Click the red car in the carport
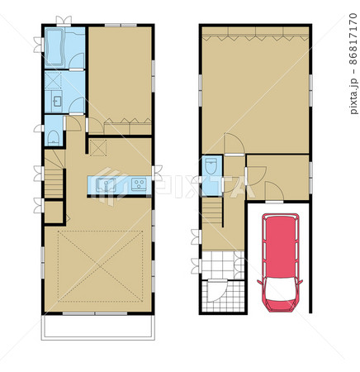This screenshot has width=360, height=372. [x=280, y=262]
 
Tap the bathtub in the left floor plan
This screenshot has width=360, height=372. [x=54, y=47]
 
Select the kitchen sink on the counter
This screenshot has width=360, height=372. [x=106, y=184]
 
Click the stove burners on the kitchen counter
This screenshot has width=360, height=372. [x=139, y=184]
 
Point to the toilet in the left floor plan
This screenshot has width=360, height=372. [x=53, y=137]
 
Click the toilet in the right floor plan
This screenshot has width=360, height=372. [x=211, y=166]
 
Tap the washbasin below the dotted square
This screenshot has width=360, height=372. [x=57, y=102]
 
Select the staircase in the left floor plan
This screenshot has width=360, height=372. [x=54, y=174]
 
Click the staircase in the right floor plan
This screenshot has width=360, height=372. [x=212, y=211]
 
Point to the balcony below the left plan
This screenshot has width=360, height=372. [x=98, y=327]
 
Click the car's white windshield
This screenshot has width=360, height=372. [x=280, y=289]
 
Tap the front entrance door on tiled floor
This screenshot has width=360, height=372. [x=216, y=290]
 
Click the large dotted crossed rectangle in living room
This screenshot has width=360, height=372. [x=101, y=266]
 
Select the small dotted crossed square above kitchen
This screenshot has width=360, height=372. [x=98, y=148]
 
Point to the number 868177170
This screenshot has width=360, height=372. [x=354, y=39]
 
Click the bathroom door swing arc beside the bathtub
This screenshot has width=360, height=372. [x=76, y=60]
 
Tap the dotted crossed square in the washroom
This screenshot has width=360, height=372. [x=53, y=80]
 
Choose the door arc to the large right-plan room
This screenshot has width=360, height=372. [x=234, y=143]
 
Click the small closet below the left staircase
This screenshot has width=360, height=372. [x=54, y=212]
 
